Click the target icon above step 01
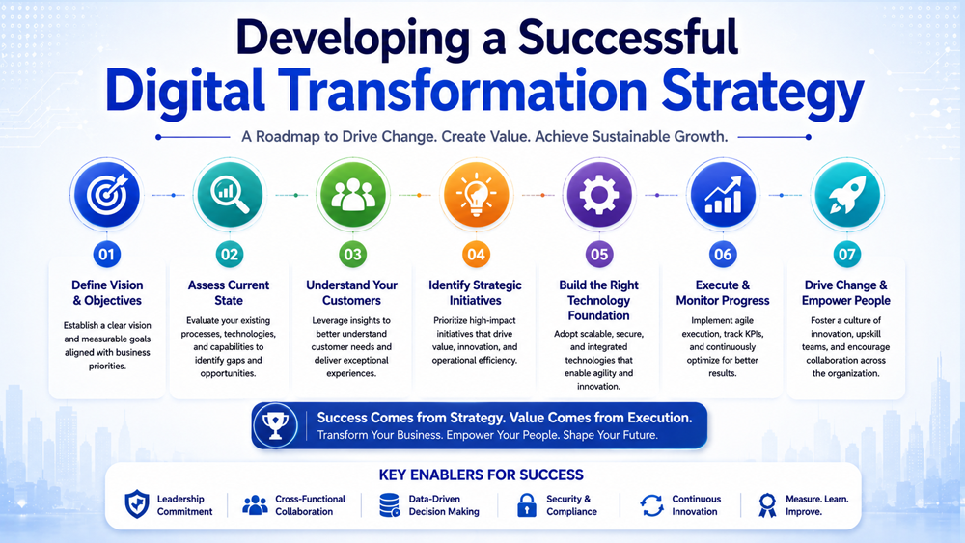[x=106, y=194]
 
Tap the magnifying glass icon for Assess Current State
[x=230, y=194]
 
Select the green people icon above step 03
[x=352, y=194]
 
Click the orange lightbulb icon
[x=476, y=194]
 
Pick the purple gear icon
[x=599, y=194]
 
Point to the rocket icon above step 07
[x=846, y=194]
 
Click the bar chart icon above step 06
[x=723, y=194]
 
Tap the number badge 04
[x=476, y=254]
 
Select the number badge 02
[x=230, y=254]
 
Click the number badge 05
[x=599, y=254]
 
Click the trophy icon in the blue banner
[x=275, y=425]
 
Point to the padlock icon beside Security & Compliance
[x=526, y=504]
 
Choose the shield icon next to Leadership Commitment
[x=137, y=504]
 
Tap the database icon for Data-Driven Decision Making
[x=390, y=504]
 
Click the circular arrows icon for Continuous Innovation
[x=651, y=504]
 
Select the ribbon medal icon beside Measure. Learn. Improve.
[x=767, y=504]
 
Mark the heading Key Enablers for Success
[x=482, y=475]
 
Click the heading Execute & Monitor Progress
[x=723, y=292]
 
